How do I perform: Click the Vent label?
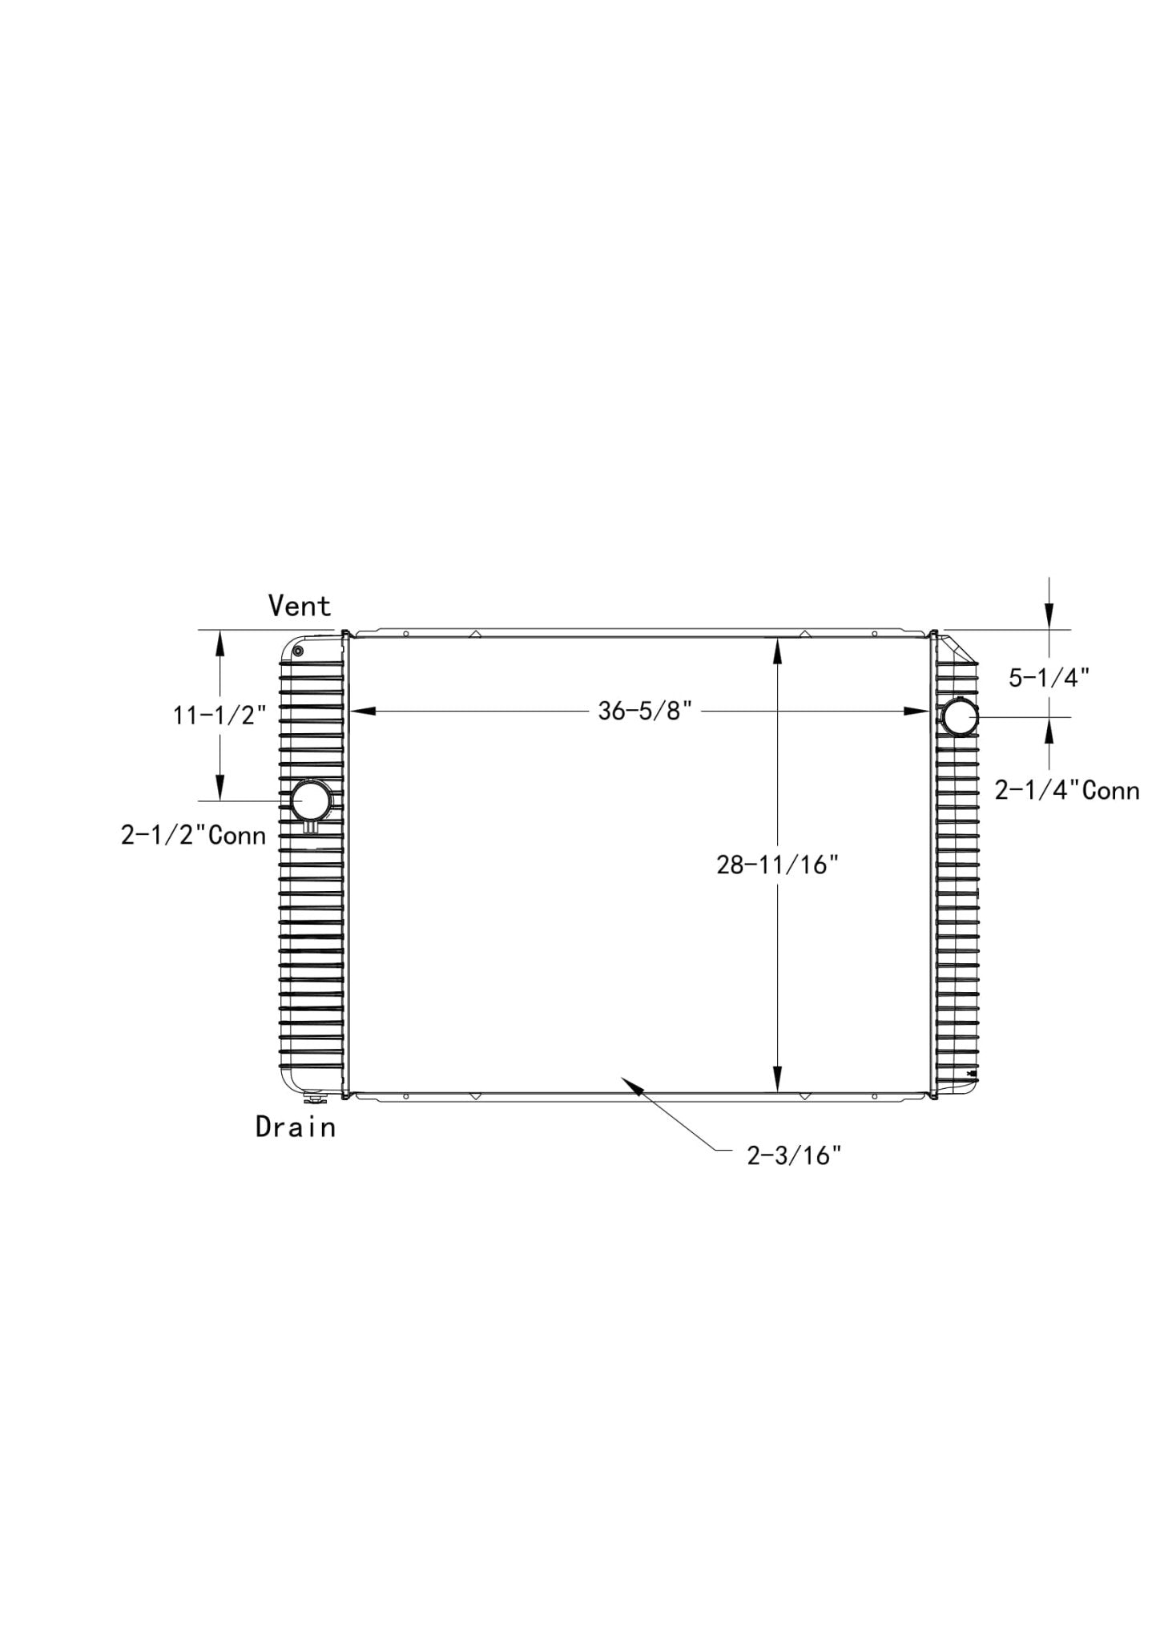[300, 606]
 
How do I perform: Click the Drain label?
[296, 1127]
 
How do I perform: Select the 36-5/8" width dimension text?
[644, 711]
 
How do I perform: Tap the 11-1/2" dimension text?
[220, 714]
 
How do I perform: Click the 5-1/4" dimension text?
[1049, 678]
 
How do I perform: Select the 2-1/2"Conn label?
[193, 835]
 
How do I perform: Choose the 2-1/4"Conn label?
[1067, 790]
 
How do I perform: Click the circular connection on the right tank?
[959, 716]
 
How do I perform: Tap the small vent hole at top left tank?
[298, 651]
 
